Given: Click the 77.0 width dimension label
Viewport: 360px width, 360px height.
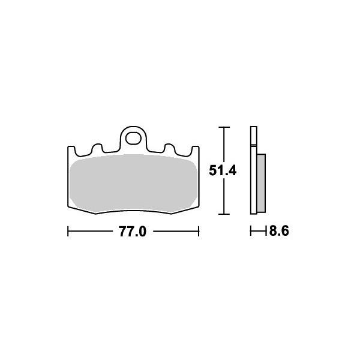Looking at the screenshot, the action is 133,232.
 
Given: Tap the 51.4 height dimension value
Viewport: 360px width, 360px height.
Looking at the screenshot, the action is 223,171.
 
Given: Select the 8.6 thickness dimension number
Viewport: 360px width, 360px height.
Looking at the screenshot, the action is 279,231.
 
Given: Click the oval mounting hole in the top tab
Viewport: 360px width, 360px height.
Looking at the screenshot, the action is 133,138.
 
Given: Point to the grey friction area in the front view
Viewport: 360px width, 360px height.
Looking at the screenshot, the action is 133,183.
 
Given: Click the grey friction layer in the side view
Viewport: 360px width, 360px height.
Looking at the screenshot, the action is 261,183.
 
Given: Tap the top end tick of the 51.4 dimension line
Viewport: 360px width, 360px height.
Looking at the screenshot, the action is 224,127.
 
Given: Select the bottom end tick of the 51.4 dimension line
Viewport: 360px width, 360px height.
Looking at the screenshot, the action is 224,214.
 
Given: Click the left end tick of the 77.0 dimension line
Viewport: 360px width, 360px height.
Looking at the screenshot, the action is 68,231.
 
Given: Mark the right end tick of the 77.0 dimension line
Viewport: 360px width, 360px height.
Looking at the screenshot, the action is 199,231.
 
